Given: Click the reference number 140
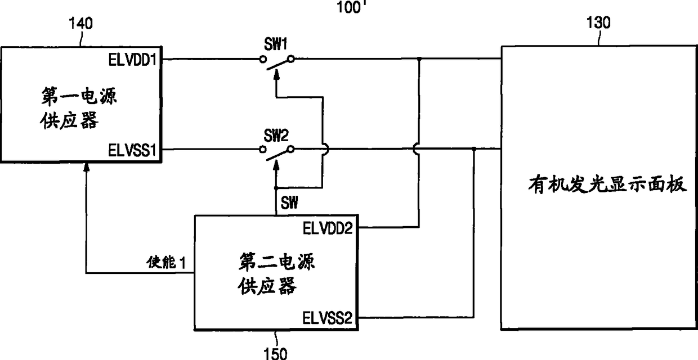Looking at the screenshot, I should coord(80,24).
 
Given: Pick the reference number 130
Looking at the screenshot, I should coord(598,23).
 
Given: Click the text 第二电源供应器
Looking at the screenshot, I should coord(275,274).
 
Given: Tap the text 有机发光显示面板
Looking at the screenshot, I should coord(608,184).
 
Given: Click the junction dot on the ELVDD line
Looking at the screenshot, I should coord(419,58).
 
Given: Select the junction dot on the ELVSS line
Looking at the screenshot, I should coord(474,149).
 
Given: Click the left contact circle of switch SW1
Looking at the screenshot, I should coord(262,58).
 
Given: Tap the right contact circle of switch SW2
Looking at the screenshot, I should coord(290,149).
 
